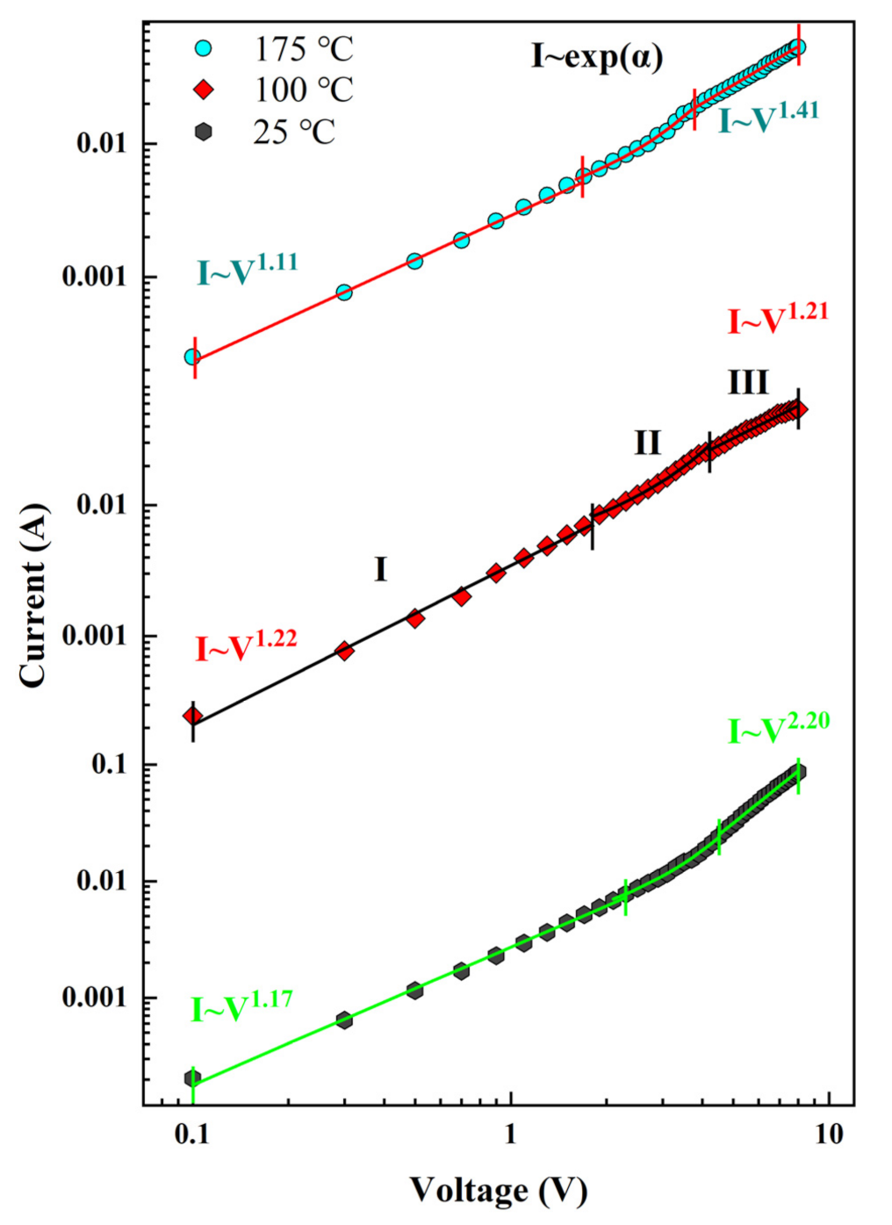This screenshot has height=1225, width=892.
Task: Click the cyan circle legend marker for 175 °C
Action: tap(203, 48)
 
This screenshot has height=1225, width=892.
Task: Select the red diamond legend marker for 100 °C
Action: tap(203, 90)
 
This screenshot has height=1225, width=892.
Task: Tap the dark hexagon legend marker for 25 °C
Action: tap(203, 132)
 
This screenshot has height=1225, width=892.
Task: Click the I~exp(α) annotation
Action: tap(597, 57)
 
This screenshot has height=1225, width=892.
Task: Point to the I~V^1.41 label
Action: tap(768, 118)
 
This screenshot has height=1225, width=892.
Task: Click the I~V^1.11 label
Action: tap(247, 270)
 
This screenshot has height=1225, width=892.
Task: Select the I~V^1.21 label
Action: tap(777, 320)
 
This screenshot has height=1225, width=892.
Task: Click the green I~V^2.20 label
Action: tap(778, 729)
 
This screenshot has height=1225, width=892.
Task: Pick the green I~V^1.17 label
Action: tap(241, 1007)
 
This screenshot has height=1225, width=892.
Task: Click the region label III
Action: tap(748, 383)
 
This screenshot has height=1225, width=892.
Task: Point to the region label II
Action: tap(647, 443)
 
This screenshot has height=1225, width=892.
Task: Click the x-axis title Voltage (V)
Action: tap(498, 1191)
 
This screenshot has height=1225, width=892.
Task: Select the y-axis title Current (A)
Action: tap(32, 595)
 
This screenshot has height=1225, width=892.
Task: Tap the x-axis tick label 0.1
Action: tap(191, 1135)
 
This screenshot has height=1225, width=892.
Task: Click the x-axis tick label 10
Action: tap(828, 1135)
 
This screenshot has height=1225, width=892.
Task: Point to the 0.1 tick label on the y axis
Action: tap(111, 764)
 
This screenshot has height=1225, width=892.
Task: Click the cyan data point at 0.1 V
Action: tap(192, 357)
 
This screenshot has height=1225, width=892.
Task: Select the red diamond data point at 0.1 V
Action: tap(192, 716)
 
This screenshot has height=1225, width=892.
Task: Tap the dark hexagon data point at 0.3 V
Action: tap(344, 1020)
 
